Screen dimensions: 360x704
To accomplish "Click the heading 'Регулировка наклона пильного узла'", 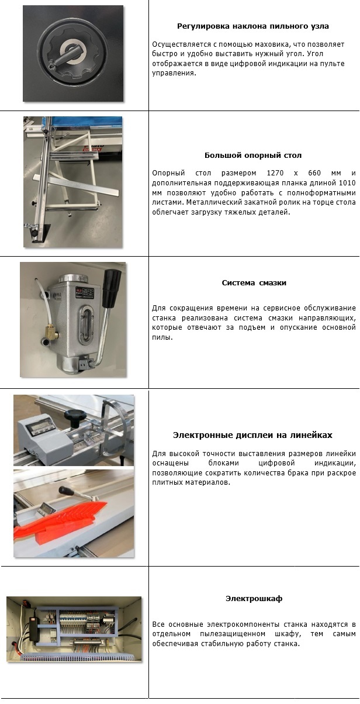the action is click(x=253, y=26).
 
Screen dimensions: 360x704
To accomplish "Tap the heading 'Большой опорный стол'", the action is click(x=253, y=156).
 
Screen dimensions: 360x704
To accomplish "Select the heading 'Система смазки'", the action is click(x=254, y=282).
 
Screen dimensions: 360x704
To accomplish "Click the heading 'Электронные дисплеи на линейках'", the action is click(x=252, y=435).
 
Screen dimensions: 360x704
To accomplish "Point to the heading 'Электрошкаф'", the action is click(x=254, y=598).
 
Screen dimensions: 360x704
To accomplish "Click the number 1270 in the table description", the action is click(x=275, y=173).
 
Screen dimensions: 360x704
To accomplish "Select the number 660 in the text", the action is click(x=314, y=173).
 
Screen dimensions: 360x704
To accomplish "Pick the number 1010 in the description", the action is click(x=347, y=182).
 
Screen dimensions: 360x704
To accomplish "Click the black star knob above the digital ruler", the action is click(x=75, y=417).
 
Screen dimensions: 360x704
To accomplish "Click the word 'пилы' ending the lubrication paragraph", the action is click(x=162, y=337).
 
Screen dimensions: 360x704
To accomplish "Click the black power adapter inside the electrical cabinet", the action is click(x=33, y=627).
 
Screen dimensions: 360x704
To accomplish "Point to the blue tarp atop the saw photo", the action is click(x=88, y=124).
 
